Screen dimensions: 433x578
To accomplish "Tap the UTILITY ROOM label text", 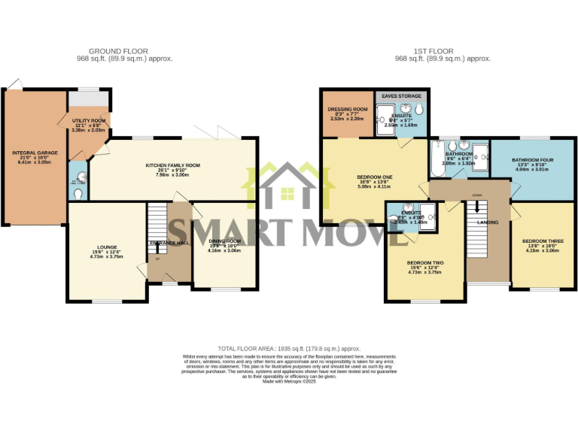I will pyautogui.click(x=89, y=120).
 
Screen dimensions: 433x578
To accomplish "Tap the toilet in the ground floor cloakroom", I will pyautogui.click(x=78, y=192).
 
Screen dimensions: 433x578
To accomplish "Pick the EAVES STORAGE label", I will pyautogui.click(x=401, y=96).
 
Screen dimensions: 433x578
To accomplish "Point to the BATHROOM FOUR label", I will pyautogui.click(x=533, y=159).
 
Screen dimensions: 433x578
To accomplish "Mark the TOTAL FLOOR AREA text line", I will pyautogui.click(x=289, y=349).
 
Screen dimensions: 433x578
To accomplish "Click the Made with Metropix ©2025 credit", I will pyautogui.click(x=289, y=382).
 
